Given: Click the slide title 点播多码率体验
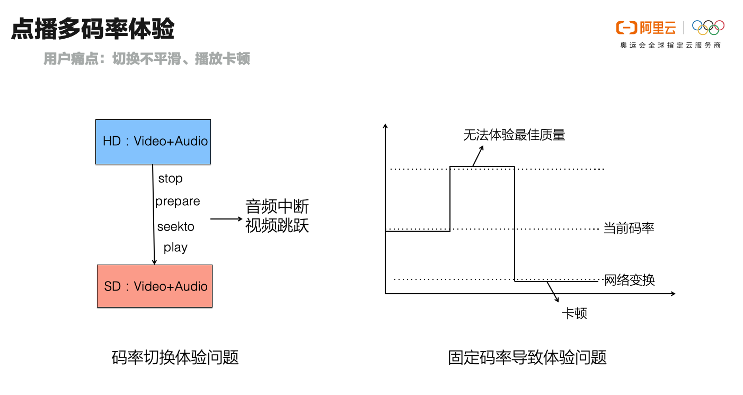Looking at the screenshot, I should coord(93,29).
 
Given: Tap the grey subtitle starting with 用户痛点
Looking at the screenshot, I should coord(147,58).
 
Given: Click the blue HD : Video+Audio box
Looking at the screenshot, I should coord(153,142).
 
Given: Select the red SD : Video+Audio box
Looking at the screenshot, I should coord(155,286).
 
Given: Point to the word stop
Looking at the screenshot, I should coord(170,179).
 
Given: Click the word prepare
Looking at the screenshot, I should coord(178,201).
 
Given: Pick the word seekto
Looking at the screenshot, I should coord(176,227).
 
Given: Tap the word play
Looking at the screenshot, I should coord(175,248).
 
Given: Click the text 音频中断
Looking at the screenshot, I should coord(277,207).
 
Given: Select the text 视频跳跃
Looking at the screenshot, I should coord(277,226).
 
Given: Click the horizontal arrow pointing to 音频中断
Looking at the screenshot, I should coord(225,218).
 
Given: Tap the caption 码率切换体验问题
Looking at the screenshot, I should coord(175,357).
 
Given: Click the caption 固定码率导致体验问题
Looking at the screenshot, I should coord(527,357).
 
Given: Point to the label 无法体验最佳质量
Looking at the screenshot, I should coord(514,135).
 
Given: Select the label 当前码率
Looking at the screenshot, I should coord(629,229).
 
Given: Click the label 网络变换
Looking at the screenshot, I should coord(630,279).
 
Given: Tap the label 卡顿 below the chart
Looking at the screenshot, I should coord(574,313).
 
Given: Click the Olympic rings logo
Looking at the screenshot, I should coord(708,27).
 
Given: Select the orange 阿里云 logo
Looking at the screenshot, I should coord(646,28).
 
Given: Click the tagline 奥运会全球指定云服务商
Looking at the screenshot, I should coord(670,46).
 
